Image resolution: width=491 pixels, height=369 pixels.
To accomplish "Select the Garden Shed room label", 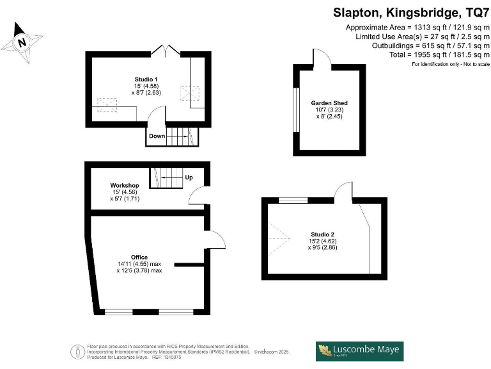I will (329, 102).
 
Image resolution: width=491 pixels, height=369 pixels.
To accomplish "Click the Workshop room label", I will (125, 185).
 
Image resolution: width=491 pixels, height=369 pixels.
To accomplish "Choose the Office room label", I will (139, 257).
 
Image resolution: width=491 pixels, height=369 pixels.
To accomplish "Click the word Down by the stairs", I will (157, 136).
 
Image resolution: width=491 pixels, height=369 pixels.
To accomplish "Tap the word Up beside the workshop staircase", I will (189, 177).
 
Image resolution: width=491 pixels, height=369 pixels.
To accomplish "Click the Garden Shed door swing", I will (320, 58).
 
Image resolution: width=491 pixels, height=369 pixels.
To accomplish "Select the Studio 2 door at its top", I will (344, 191).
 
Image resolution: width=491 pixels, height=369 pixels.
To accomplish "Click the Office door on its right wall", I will (216, 238).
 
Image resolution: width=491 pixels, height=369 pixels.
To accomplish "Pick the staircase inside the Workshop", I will (166, 177).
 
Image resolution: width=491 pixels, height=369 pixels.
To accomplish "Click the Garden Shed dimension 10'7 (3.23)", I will (329, 110).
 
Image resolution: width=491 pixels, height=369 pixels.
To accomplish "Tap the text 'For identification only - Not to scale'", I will (450, 64).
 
